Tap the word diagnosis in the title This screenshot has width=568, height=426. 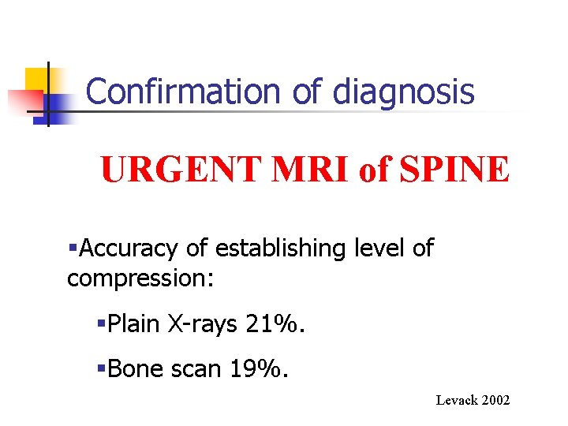point(404,93)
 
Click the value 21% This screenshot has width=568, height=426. point(283,323)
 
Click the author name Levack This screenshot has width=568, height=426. point(457,401)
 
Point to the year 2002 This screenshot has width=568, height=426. point(496,401)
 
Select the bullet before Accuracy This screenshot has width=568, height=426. point(73,249)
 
